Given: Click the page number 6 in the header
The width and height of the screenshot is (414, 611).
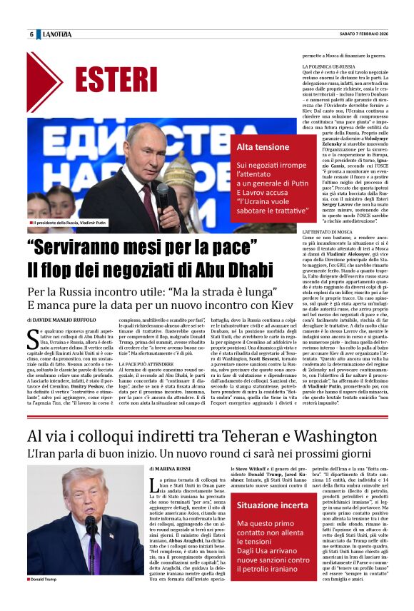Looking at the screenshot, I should (31, 34).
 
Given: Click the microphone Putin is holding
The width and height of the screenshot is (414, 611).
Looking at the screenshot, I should (162, 189).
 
